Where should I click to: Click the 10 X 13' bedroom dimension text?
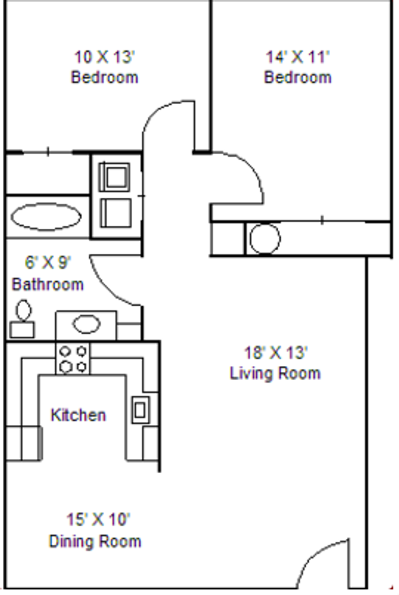coord(104,57)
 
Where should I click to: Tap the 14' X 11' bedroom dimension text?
coord(298,57)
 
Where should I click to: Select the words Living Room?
coord(275,374)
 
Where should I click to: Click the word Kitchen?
coord(78,415)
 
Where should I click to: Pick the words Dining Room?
coord(95,541)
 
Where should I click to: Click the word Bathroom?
coord(48,284)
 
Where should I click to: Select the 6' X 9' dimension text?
coord(48,262)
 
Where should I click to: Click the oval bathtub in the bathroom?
coord(45,217)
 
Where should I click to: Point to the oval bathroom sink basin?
coord(87,324)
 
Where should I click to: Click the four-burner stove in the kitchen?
coord(73,358)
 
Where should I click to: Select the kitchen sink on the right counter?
coord(140,409)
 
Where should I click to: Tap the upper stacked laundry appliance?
coord(116,176)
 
